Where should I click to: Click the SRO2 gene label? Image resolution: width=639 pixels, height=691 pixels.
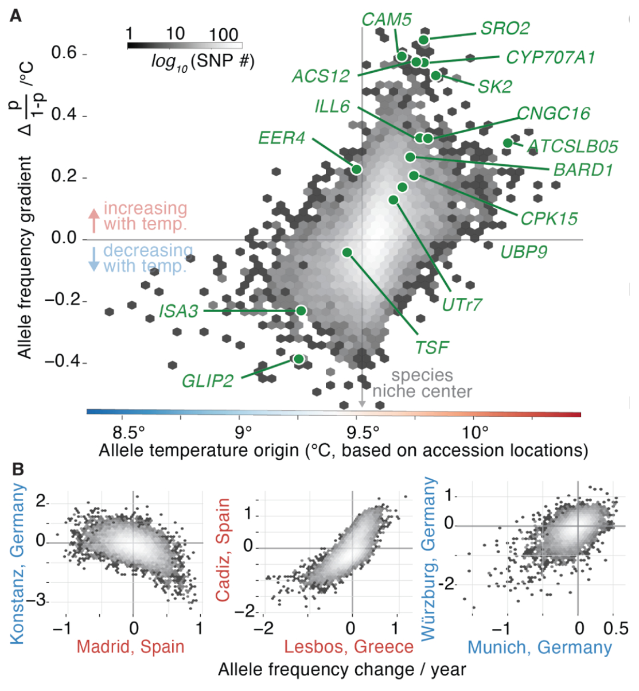505,28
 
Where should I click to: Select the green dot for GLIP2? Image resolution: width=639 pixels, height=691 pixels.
298,359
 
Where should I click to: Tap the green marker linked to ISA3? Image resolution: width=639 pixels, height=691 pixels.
301,310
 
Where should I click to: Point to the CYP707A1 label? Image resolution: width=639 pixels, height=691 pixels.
550,57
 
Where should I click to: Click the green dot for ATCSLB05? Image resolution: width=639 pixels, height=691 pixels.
508,143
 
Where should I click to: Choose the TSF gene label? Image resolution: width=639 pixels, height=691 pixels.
431,347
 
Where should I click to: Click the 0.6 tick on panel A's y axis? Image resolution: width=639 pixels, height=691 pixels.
64,53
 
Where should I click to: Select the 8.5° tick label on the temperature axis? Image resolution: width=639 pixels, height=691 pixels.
129,432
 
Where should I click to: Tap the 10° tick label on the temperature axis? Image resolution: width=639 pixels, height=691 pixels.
476,432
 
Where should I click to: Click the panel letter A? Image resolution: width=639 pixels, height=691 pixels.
15,15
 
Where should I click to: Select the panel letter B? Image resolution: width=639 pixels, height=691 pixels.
18,469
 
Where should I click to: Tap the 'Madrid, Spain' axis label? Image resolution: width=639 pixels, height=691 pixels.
130,647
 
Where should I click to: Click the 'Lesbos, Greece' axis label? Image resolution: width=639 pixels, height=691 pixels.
349,647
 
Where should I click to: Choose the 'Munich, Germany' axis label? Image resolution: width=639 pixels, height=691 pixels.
540,647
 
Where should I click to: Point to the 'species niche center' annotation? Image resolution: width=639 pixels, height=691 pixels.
422,383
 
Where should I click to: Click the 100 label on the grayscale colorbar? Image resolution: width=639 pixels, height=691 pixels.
224,34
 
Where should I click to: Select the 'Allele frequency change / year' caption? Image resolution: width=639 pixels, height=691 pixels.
342,670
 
